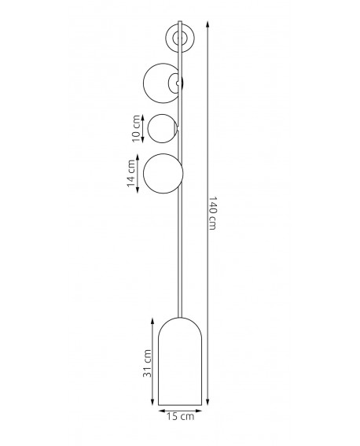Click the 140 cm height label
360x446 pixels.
click(213, 212)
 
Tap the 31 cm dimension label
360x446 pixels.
click(147, 363)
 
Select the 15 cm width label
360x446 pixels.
click(180, 417)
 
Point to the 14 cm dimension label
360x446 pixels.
click(131, 174)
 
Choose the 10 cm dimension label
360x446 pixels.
click(137, 128)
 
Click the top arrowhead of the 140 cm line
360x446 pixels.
click(208, 24)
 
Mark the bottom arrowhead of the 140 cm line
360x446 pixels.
click(208, 402)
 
